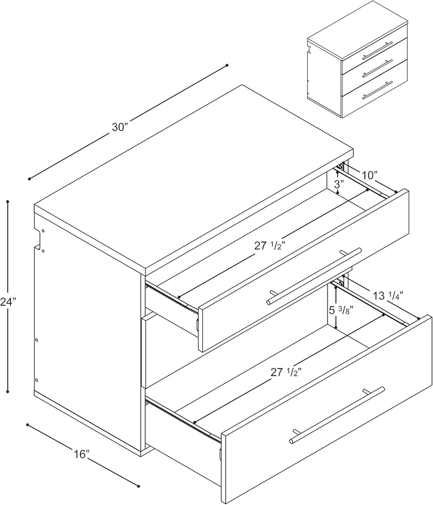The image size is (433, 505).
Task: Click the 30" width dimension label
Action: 120,127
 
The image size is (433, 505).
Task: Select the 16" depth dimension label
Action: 81,453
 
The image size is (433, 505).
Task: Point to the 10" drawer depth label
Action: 369,175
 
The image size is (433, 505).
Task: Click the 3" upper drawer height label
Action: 339,185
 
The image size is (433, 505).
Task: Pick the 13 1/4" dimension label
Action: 389,295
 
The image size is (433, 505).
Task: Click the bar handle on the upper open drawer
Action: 314,276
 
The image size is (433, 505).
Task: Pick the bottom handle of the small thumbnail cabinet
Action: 377,90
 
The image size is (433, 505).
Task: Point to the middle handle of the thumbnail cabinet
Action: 377,69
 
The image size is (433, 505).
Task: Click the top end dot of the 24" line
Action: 8,201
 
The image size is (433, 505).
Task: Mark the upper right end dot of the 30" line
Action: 227,65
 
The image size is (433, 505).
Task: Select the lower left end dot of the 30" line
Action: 30,179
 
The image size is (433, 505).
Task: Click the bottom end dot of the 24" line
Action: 8,392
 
